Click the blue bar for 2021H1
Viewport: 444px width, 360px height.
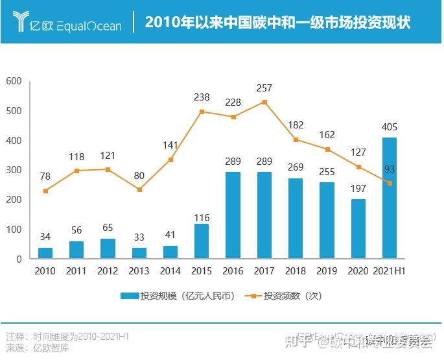[x=390, y=198]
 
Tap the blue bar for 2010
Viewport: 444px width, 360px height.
[x=45, y=253]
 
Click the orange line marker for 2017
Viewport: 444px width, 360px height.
[x=264, y=102]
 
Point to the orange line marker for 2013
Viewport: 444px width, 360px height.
[x=139, y=189]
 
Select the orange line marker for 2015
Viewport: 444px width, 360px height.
[x=202, y=112]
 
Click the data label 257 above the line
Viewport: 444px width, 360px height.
[x=264, y=88]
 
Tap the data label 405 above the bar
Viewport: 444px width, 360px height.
[x=390, y=126]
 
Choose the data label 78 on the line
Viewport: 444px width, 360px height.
[x=45, y=176]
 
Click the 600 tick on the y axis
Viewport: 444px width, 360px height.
[x=14, y=81]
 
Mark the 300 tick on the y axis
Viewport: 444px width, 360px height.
[x=14, y=170]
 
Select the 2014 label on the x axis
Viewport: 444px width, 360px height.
[x=170, y=271]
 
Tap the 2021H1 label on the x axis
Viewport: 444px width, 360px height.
[x=390, y=271]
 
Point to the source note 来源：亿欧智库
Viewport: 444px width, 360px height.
[x=38, y=348]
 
